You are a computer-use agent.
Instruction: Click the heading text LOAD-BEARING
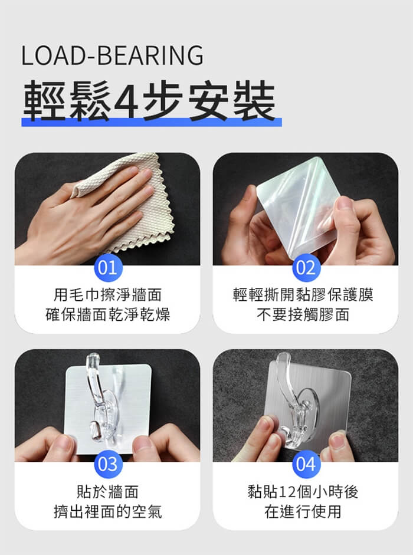point(112,55)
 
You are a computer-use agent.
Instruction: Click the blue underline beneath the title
point(152,122)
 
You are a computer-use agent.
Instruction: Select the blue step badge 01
point(108,268)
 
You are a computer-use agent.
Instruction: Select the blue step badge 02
point(306,268)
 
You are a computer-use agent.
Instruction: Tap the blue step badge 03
point(108,464)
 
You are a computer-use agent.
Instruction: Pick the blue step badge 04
point(306,464)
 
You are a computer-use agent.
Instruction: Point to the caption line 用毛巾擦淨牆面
point(108,295)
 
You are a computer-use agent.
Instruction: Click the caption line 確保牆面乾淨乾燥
point(108,314)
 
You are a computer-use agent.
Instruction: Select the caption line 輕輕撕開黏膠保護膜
point(303,295)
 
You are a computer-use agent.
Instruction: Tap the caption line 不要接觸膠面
point(303,314)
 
